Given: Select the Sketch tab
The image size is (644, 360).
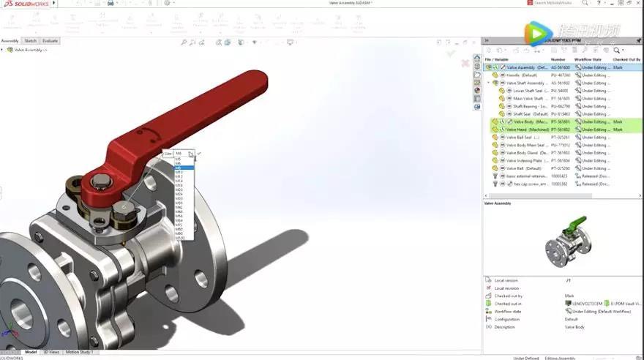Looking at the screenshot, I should pos(31,41).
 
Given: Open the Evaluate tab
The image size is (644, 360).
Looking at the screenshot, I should pos(50,41).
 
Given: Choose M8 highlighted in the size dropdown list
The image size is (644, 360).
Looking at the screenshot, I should pos(179,168).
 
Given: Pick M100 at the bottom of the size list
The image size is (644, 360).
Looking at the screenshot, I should pos(180,238).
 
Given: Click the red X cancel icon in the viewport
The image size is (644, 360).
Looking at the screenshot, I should pos(465,64).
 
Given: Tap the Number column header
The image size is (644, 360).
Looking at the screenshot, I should pos(558,59).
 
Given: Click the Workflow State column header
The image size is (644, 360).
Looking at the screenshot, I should pos(588,59).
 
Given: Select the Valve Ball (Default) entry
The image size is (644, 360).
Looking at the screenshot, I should pos(524,168).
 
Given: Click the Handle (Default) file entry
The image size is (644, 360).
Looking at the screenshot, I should pos(522,75).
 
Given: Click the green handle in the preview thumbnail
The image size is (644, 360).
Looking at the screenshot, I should pos(580,222).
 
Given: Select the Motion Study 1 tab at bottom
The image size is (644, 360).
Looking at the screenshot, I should pos(78,352).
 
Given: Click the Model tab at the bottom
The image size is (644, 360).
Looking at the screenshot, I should pos(31,352).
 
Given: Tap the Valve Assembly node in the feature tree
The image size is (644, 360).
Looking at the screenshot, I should pos(29,50).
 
